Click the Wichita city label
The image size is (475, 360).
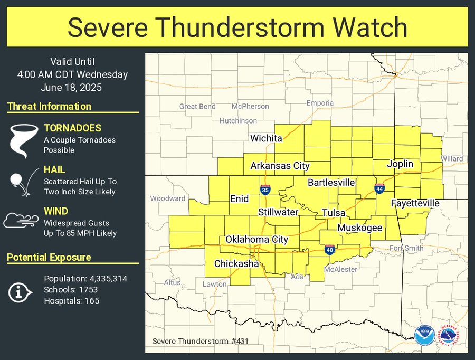[x=266, y=138]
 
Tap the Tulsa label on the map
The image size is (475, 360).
[x=334, y=213]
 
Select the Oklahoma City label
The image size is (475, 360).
[x=256, y=239]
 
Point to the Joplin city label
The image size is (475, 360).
[x=400, y=164]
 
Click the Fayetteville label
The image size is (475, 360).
[x=415, y=203]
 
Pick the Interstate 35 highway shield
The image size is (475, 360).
[x=265, y=190]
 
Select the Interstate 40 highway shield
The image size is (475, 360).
[x=329, y=250]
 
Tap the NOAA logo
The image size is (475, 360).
[x=423, y=335]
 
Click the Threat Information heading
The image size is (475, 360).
[x=49, y=106]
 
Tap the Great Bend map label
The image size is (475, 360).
[x=197, y=106]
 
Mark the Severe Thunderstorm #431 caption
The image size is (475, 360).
[x=200, y=341]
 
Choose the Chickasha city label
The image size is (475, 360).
[x=236, y=263]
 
